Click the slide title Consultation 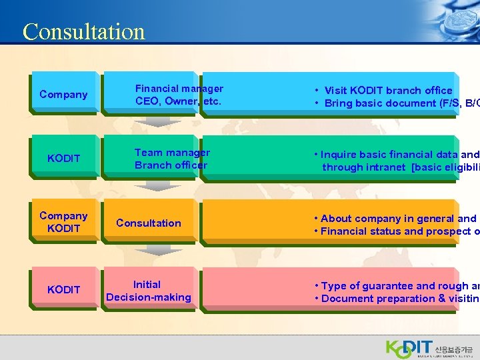[83, 31]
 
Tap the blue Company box [63, 94]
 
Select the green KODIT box [63, 158]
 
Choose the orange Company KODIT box [63, 222]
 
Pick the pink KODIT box [63, 289]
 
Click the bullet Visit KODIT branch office [387, 90]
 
